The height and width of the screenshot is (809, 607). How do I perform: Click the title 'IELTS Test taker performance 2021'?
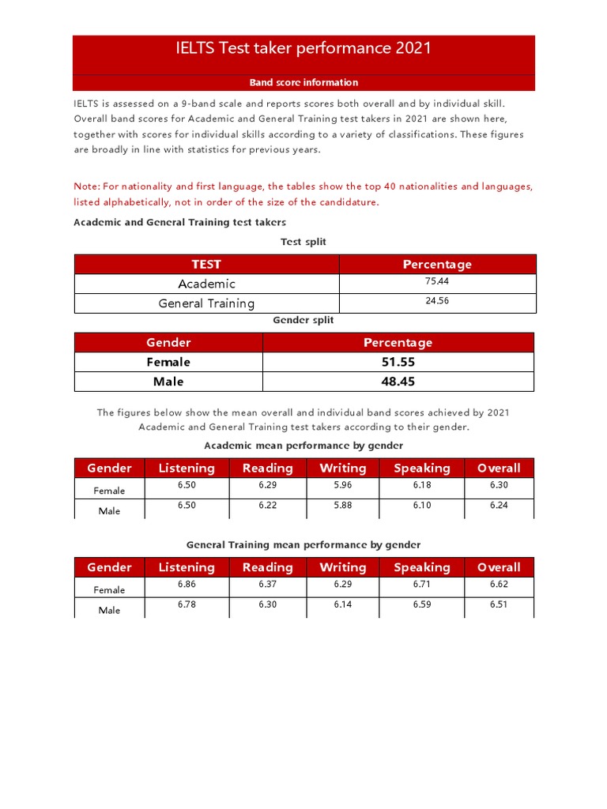(303, 48)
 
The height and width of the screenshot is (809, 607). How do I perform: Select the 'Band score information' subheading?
(303, 82)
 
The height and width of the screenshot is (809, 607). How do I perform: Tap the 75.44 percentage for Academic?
(437, 280)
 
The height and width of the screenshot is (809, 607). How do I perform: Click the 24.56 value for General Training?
(437, 301)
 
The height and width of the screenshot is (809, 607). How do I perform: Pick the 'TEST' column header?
(206, 264)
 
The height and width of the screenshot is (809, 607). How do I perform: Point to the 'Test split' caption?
(303, 242)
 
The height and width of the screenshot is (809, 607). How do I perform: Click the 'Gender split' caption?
(303, 321)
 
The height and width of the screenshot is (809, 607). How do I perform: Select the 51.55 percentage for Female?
(398, 362)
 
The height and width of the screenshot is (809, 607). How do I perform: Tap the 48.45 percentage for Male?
(398, 382)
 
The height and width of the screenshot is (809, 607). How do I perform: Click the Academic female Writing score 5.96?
(342, 485)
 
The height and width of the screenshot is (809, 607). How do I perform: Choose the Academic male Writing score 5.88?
(342, 506)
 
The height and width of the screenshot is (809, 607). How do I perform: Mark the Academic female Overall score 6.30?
(499, 485)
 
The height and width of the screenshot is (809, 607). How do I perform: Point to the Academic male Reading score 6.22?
(268, 506)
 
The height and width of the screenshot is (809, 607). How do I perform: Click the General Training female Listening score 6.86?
(187, 585)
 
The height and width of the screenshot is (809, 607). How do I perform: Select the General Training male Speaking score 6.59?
(422, 605)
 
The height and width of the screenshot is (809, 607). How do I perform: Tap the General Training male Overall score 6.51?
(499, 605)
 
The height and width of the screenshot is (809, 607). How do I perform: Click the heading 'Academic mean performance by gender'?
(303, 446)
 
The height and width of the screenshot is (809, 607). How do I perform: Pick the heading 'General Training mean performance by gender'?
(303, 545)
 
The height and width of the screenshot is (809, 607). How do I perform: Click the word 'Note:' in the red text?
(87, 186)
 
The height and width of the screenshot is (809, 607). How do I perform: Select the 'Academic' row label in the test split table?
(206, 284)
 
